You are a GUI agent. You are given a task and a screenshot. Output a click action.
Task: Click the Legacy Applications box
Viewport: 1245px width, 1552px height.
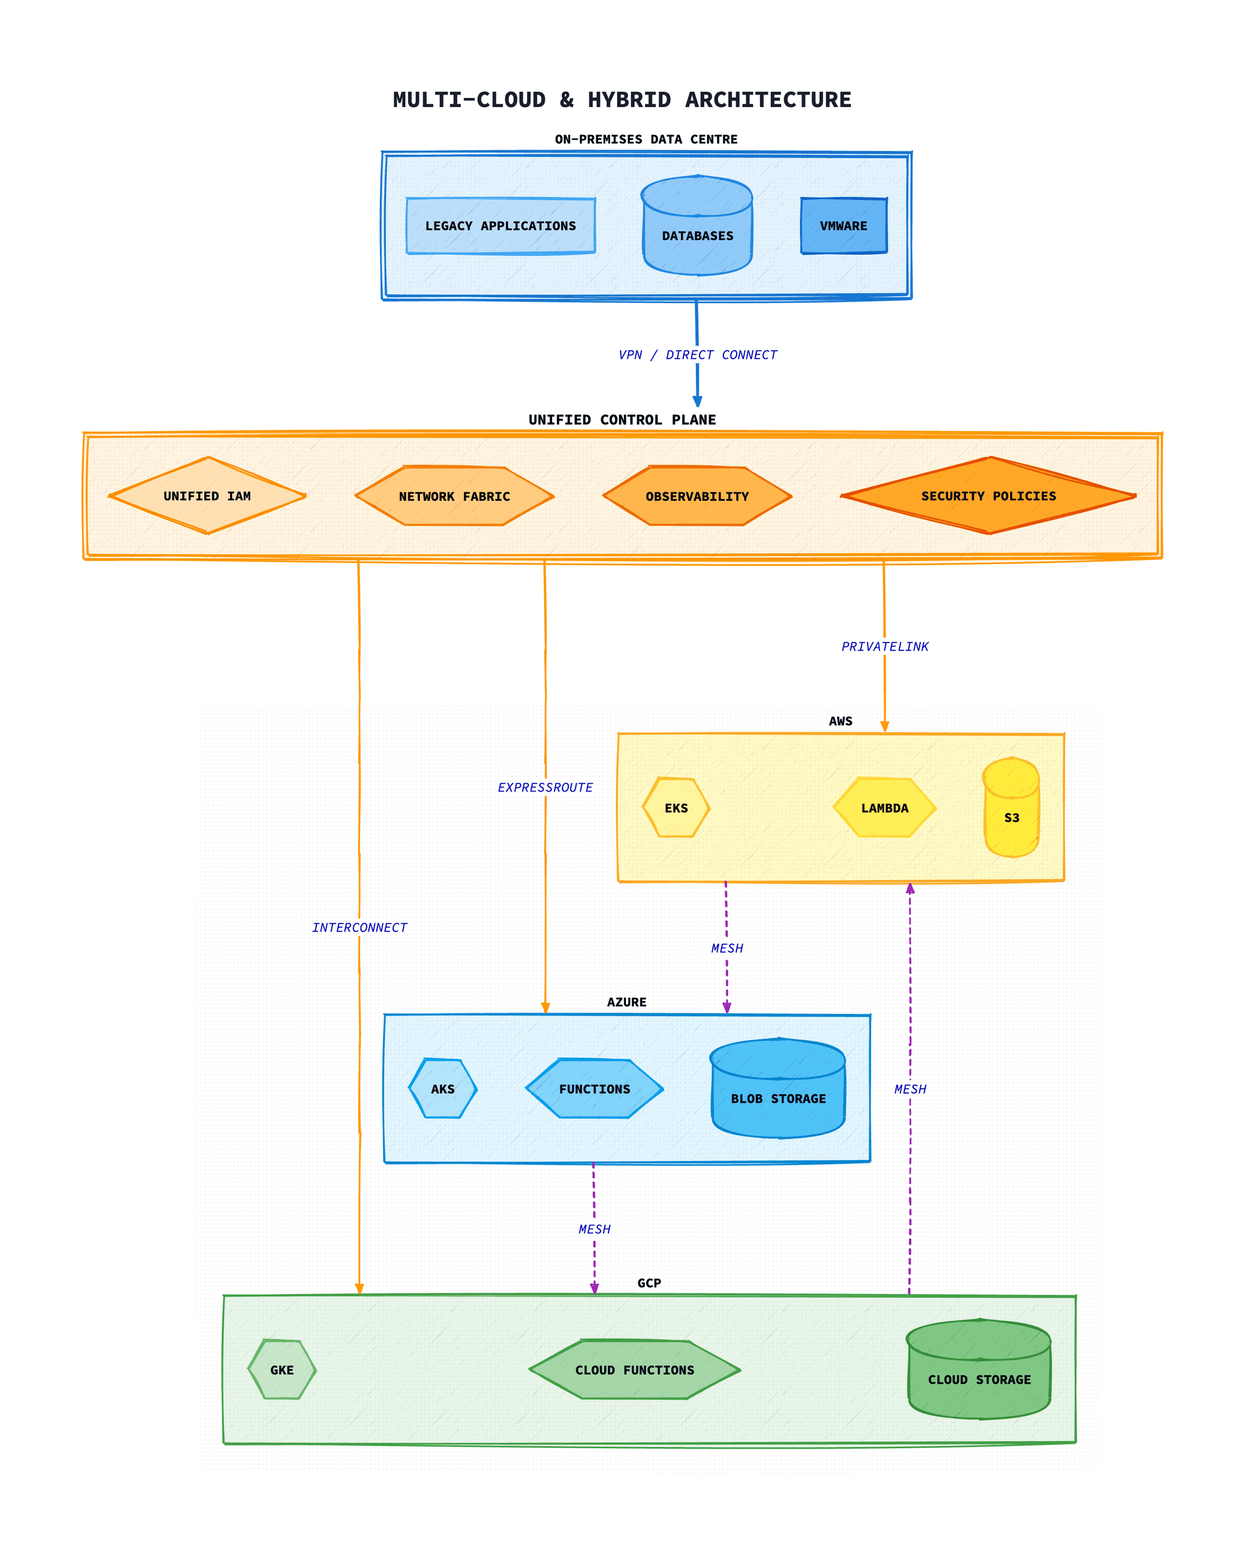click(500, 226)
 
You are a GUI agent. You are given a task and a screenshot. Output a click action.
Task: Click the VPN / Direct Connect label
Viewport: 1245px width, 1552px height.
click(697, 355)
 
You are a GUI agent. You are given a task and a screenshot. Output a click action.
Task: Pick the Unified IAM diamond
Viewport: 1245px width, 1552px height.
click(207, 496)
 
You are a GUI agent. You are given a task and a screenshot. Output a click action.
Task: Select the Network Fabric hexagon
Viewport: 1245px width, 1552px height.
click(454, 496)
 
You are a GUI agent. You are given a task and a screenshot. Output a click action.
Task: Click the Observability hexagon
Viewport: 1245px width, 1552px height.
click(697, 496)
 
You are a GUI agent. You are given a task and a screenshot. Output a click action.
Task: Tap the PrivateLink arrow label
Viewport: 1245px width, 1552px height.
click(885, 646)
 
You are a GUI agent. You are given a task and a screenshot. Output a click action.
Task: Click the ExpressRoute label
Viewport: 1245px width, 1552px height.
click(545, 787)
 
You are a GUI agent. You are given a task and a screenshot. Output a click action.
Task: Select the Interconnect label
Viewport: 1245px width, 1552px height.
click(359, 928)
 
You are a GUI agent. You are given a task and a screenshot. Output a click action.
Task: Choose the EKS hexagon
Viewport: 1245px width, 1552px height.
click(676, 808)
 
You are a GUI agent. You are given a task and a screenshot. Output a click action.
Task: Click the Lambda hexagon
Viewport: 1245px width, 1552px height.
click(885, 808)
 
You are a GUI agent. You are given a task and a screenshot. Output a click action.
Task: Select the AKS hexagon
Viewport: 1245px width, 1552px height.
click(443, 1089)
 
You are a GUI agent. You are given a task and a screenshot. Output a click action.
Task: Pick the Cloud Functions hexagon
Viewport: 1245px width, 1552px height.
click(634, 1370)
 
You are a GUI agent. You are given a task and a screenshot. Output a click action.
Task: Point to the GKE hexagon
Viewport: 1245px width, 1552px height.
click(281, 1370)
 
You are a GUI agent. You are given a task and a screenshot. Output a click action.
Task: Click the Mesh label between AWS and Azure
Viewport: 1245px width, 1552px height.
click(727, 949)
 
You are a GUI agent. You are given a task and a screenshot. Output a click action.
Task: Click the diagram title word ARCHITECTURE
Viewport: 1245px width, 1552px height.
click(768, 100)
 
